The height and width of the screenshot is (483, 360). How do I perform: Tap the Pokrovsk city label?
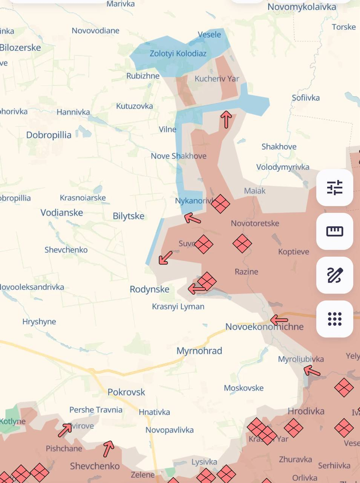[x=126, y=392]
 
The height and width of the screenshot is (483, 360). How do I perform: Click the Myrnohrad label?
[x=199, y=351]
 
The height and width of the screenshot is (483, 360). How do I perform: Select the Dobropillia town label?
[x=49, y=135]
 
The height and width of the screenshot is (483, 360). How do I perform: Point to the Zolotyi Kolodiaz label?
[x=178, y=54]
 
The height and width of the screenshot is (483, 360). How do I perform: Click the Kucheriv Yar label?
[x=217, y=79]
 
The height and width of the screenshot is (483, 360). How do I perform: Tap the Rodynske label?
[x=149, y=289]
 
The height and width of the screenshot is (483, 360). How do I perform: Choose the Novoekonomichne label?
[x=264, y=327]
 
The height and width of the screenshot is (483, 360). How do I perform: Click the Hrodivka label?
[x=306, y=411]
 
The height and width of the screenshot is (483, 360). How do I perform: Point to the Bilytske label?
[x=129, y=216]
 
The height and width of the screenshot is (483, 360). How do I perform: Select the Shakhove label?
[x=279, y=147]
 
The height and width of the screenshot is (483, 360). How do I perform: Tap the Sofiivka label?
[x=306, y=98]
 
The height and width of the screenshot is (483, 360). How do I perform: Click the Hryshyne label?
[x=39, y=322]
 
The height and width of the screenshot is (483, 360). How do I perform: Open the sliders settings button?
[x=335, y=188]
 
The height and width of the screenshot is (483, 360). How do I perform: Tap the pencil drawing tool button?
[x=335, y=275]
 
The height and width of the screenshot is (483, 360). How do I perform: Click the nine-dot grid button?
[x=335, y=319]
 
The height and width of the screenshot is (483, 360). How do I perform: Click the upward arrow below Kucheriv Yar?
[x=226, y=119]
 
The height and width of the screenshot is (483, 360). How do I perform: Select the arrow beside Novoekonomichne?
[x=279, y=320]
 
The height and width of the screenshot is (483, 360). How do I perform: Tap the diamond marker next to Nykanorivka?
[x=221, y=204]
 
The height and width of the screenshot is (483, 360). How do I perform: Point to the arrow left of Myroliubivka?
[x=312, y=372]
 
